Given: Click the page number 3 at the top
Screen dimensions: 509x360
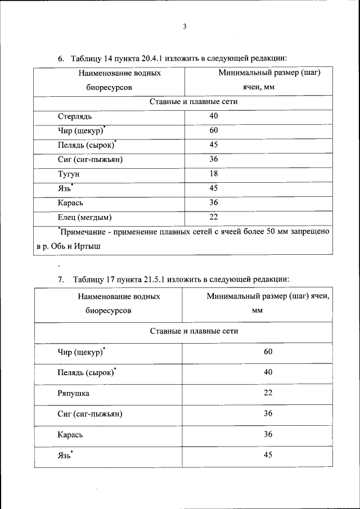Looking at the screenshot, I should (184, 26).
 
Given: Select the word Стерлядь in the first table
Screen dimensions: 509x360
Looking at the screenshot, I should (74, 116).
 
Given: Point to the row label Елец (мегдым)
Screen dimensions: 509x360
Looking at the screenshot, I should (85, 217).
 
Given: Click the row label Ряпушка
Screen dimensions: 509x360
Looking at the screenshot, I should (73, 393).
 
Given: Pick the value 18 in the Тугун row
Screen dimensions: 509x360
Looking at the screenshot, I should (214, 174).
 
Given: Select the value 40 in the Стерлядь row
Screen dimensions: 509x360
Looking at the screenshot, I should (214, 116).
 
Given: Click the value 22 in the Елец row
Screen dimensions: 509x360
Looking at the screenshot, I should (214, 217).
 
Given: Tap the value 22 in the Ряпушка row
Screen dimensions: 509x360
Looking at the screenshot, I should (268, 393).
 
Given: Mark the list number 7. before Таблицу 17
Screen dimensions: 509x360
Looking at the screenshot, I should (61, 279).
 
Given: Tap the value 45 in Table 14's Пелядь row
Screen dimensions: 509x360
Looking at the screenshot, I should (214, 145).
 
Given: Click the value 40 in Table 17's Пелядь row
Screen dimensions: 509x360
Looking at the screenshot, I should (268, 372).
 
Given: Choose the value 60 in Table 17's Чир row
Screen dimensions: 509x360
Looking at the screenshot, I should (268, 352).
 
